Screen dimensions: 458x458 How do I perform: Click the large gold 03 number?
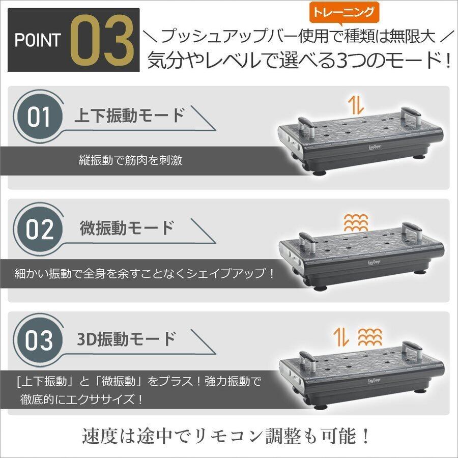point(102,41)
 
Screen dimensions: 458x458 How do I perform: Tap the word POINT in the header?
point(38,40)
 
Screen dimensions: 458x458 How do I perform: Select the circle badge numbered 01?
point(39,117)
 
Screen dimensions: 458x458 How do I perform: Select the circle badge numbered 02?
point(39,230)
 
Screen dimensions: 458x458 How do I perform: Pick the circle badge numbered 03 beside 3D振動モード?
point(39,341)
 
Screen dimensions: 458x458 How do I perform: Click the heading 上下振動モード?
point(129,116)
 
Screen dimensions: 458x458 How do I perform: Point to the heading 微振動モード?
point(127,228)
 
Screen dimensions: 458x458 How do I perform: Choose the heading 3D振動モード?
point(126,339)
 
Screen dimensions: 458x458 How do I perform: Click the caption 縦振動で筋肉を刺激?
point(131,160)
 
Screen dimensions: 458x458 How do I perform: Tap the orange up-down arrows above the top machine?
point(356,105)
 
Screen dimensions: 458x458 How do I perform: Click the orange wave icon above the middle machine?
point(356,223)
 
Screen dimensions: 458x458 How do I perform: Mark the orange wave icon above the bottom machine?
point(370,337)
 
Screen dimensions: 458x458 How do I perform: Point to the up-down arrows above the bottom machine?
point(341,337)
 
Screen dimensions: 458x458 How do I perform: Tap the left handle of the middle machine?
point(306,242)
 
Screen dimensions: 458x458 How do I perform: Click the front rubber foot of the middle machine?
point(320,287)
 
